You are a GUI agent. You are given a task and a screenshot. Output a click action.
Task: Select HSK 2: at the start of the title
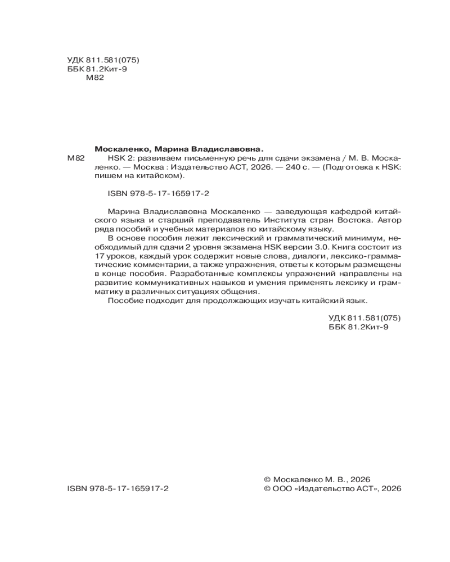[118, 158]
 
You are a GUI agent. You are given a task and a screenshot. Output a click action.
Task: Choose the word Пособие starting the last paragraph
[121, 301]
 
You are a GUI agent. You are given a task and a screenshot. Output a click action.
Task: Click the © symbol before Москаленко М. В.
[268, 480]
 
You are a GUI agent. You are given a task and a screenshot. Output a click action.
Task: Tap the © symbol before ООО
[268, 489]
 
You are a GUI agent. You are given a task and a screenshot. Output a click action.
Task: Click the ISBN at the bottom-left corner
[118, 489]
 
